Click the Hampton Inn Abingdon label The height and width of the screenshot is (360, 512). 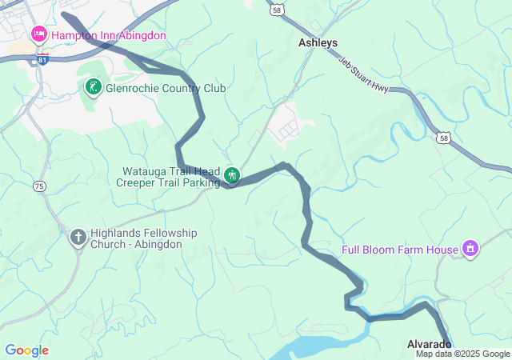tap(109, 35)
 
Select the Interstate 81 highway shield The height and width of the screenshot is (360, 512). tap(42, 58)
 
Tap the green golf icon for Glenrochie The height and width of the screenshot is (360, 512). tap(94, 86)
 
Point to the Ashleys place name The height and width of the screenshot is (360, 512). tap(318, 42)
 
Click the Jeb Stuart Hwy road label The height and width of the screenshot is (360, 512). tap(363, 74)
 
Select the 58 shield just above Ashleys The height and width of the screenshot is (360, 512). tap(276, 10)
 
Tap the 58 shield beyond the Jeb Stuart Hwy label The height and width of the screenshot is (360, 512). tap(443, 138)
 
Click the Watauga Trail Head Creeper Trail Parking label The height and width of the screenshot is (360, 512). tap(170, 177)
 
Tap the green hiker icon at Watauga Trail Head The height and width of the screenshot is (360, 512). tap(232, 174)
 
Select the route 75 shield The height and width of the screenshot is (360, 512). tap(39, 186)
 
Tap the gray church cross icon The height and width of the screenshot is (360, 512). tap(78, 237)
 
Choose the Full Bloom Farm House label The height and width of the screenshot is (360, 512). tap(400, 250)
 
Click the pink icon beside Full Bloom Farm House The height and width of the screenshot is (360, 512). tap(471, 249)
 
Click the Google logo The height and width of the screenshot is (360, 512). tap(26, 350)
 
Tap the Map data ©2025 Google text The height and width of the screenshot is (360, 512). tap(462, 354)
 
